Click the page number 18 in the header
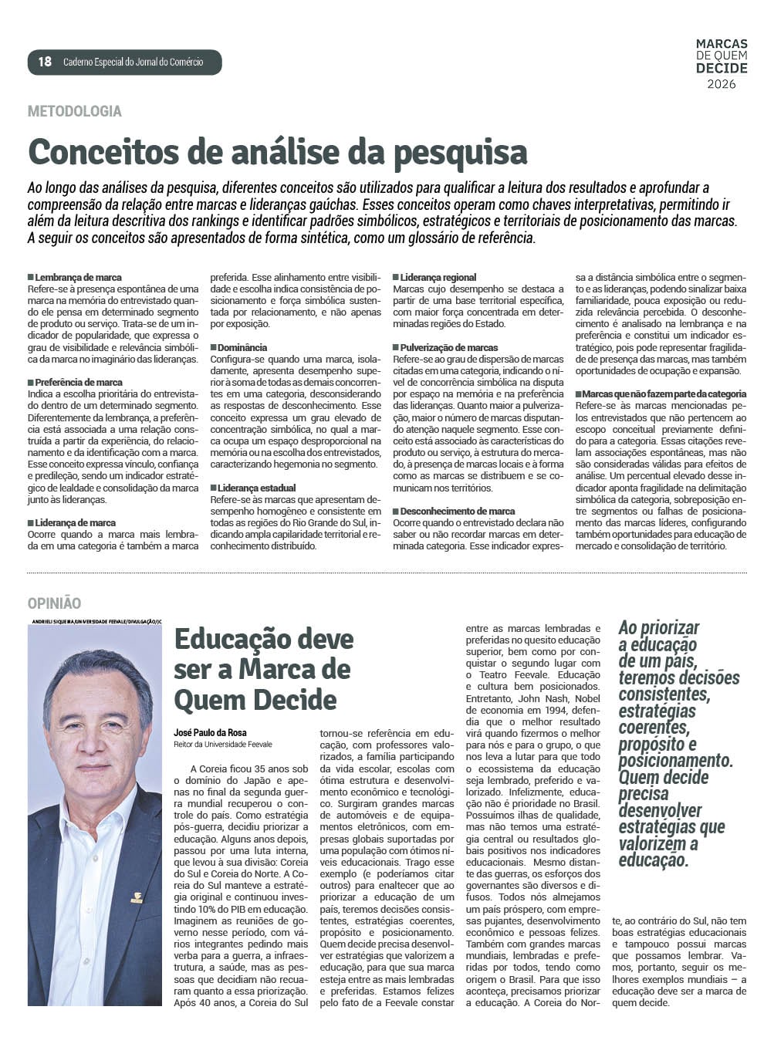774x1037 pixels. tap(45, 62)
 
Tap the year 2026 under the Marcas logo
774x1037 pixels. tap(722, 84)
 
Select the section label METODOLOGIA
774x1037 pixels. tap(74, 111)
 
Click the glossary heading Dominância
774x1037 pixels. tap(242, 347)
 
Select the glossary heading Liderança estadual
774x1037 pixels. tap(256, 488)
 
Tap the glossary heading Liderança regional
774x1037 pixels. tap(438, 277)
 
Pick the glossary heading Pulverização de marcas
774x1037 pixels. tap(449, 347)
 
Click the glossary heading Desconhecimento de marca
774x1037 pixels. tap(457, 511)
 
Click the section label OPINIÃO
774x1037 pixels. tap(54, 603)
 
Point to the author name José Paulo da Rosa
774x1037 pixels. tap(210, 732)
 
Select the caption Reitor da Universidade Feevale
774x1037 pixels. tap(223, 745)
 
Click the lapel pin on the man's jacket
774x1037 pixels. tap(137, 897)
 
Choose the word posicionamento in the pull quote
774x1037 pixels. tap(675, 761)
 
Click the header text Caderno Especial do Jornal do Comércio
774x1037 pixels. tap(133, 62)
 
